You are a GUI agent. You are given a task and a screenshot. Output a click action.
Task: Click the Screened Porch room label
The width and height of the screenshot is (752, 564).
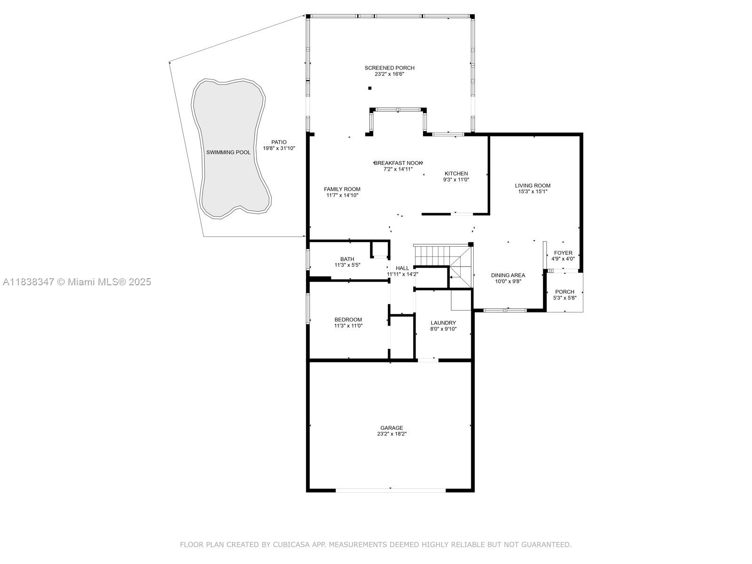(x=389, y=68)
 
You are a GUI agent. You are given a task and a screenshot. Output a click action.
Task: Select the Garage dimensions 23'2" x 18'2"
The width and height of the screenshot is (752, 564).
(x=392, y=434)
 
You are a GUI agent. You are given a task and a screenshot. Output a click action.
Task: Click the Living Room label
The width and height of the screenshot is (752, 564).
(x=533, y=186)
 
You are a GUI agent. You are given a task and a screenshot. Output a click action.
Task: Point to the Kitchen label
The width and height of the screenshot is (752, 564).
(x=456, y=173)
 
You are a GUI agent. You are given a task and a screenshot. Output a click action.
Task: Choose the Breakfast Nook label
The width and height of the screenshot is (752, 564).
(x=398, y=163)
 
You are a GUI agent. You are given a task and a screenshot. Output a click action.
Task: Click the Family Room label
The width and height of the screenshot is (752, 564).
(x=342, y=189)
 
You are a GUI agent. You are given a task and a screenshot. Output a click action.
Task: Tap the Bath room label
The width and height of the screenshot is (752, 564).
(x=347, y=259)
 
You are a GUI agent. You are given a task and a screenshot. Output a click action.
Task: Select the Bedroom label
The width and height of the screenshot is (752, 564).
(x=348, y=320)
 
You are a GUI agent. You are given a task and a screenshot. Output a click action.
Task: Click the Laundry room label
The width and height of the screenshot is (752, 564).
(x=443, y=323)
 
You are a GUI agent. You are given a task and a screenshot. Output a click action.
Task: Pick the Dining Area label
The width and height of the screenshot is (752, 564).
(x=508, y=275)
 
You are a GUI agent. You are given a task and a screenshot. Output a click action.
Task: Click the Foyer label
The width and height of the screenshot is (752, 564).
(x=563, y=253)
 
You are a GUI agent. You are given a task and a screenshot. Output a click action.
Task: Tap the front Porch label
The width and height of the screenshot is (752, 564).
(x=564, y=292)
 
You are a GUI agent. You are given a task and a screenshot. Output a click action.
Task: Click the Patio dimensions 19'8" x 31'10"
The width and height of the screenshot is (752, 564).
(x=279, y=149)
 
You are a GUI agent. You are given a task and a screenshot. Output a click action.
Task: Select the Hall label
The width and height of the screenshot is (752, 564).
(x=402, y=268)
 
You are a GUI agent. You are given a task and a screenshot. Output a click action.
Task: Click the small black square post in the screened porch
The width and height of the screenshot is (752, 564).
(x=370, y=88)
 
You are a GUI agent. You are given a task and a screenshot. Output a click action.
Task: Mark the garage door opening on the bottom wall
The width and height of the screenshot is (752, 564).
(x=391, y=490)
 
